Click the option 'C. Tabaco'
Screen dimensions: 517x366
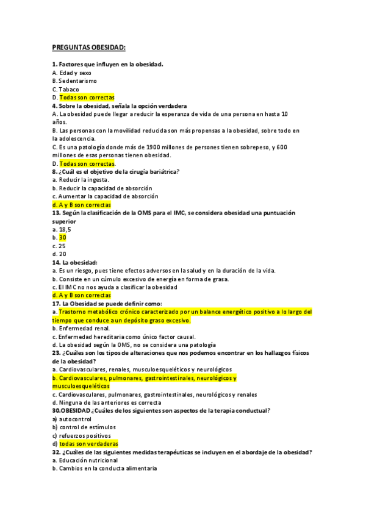pos(65,89)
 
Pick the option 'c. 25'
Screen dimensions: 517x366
pos(59,246)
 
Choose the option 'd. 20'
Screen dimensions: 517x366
pos(59,254)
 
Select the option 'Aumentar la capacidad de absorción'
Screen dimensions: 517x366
pos(109,196)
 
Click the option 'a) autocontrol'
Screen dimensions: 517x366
pos(71,419)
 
